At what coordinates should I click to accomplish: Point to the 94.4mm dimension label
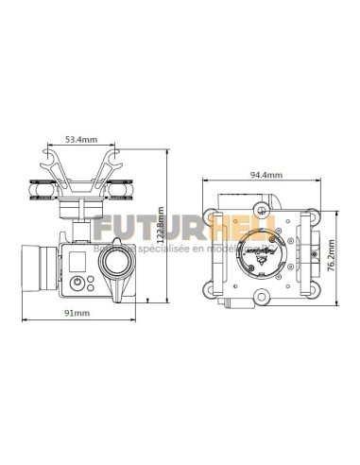click(x=262, y=174)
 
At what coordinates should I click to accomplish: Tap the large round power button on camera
click(x=76, y=282)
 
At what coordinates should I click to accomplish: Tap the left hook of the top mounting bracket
click(x=48, y=152)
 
